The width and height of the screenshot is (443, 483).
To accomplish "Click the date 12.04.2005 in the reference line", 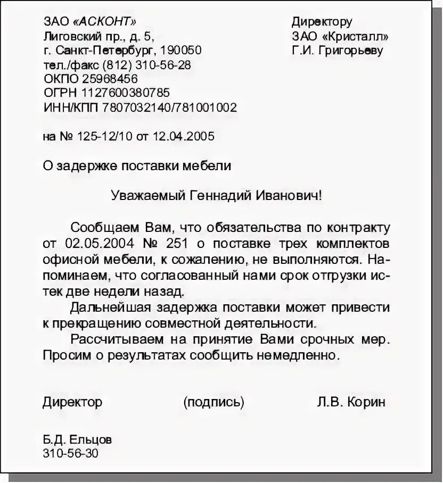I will [183, 136].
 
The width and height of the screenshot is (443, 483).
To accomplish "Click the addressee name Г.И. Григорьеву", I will [338, 51].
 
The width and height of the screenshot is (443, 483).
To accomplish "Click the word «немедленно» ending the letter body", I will [306, 354].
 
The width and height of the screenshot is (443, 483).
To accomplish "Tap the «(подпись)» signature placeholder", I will [214, 402].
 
